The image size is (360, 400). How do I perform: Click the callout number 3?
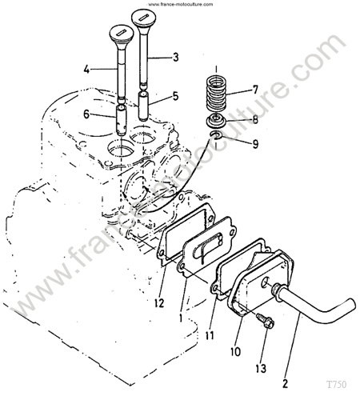tap(175, 57)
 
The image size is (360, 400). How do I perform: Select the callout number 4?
tap(86, 70)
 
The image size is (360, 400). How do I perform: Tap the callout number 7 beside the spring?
tap(255, 90)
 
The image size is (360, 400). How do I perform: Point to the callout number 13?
tap(261, 369)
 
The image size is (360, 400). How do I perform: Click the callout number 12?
tap(159, 303)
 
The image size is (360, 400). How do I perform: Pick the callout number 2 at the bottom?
tap(285, 384)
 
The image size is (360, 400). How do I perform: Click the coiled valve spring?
tap(217, 94)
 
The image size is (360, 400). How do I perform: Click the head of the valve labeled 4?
tap(122, 34)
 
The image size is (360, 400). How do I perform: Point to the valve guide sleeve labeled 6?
tap(122, 121)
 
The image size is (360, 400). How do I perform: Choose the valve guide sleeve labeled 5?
tap(144, 106)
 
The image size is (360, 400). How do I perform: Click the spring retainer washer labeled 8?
tap(216, 121)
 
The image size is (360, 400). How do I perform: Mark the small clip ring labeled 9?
tap(216, 135)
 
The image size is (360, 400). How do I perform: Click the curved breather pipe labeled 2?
tap(310, 302)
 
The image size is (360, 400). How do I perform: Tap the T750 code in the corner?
tap(337, 385)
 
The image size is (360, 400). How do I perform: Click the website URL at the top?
tap(181, 4)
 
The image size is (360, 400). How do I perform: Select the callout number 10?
tap(236, 351)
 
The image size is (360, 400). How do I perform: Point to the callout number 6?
tap(86, 114)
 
